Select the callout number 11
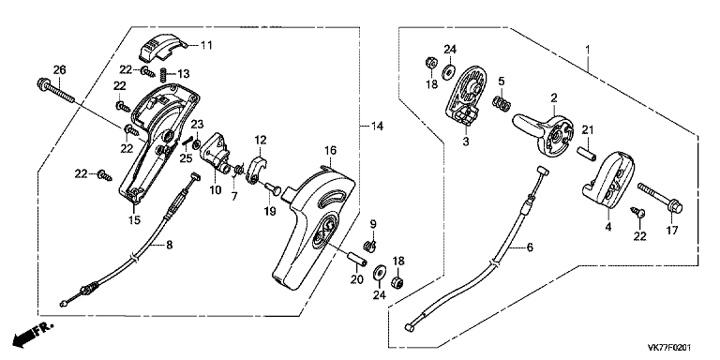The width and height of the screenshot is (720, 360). tap(206, 45)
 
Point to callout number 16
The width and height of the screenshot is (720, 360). tap(330, 150)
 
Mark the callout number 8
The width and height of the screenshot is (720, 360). tap(170, 246)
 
